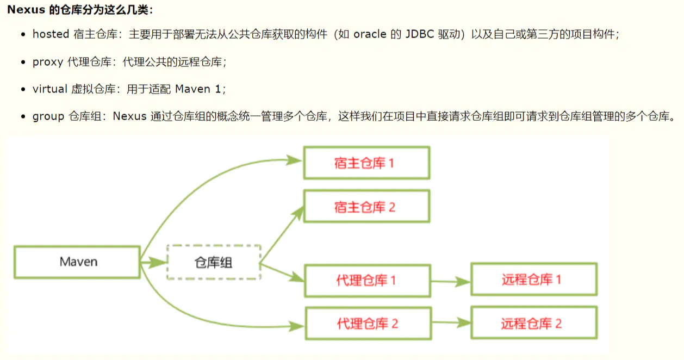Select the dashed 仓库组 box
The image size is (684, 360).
click(x=214, y=262)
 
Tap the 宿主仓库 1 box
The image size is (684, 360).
click(x=366, y=163)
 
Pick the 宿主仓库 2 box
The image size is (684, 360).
click(x=366, y=207)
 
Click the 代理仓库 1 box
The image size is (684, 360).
click(x=366, y=281)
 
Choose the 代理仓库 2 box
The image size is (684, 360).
click(x=368, y=324)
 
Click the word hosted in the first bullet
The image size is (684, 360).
click(x=51, y=34)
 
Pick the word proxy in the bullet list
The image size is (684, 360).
click(x=48, y=61)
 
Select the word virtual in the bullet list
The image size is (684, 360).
click(x=50, y=89)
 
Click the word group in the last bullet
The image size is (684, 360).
click(x=48, y=116)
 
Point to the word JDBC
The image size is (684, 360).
click(x=419, y=34)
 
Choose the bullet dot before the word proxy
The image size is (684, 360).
click(x=23, y=62)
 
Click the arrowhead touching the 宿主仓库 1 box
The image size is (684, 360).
click(x=294, y=160)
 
